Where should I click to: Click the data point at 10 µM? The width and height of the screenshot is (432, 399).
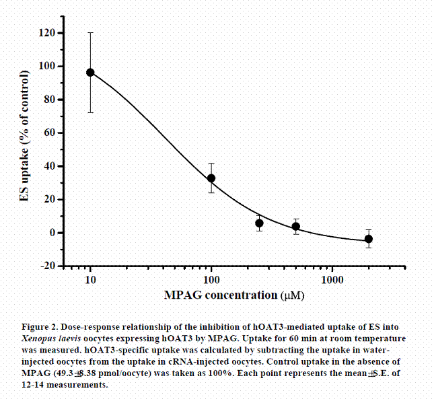(90, 72)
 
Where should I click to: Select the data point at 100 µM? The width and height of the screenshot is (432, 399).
(211, 178)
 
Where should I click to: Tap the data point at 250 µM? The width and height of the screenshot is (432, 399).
(259, 223)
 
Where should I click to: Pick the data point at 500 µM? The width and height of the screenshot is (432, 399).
(295, 227)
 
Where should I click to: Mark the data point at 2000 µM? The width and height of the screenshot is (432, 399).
(368, 239)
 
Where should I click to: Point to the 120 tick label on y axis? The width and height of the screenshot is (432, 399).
(48, 33)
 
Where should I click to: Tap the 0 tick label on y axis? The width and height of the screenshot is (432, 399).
(53, 233)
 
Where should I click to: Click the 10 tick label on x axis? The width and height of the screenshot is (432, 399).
(90, 280)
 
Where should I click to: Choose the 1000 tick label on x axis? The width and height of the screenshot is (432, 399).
(332, 280)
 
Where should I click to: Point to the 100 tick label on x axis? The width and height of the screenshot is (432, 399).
(211, 280)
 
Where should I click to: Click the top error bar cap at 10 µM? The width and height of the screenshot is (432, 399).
(90, 32)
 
